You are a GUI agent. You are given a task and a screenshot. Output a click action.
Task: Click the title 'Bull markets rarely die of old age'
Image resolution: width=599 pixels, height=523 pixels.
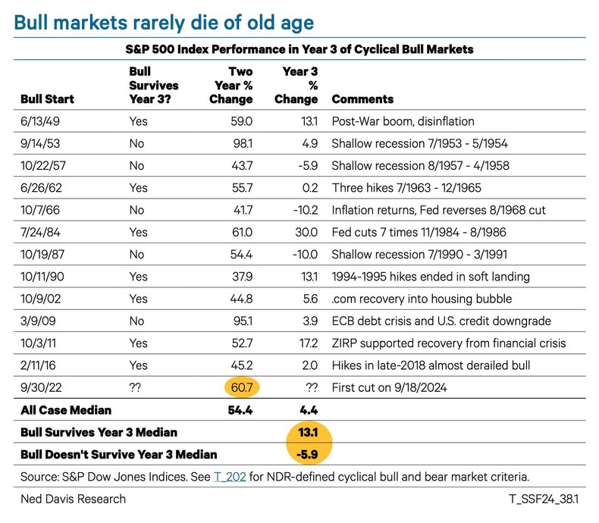164,22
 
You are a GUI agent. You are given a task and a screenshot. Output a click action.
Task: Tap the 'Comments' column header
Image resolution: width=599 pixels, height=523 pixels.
362,99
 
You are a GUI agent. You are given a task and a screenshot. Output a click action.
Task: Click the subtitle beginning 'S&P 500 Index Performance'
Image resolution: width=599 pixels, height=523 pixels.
299,49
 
